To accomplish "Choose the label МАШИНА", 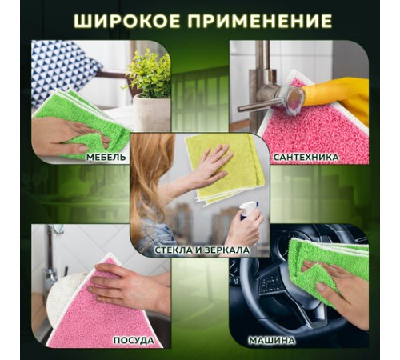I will (x=293, y=338).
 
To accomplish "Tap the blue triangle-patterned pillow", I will (x=61, y=69).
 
